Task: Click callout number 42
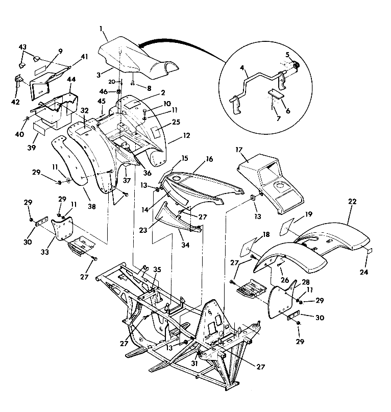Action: (15, 102)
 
